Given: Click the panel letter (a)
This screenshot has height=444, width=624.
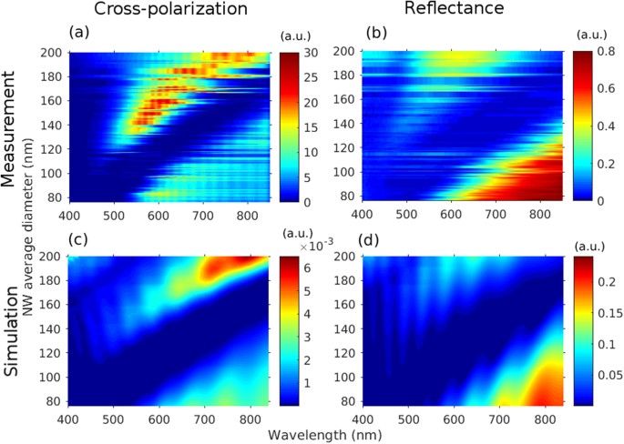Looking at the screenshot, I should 81,34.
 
